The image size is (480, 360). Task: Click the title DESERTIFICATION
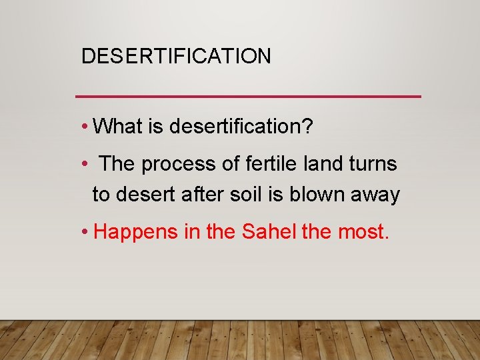pos(176,56)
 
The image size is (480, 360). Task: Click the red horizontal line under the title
pos(249,97)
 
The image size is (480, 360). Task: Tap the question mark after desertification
pos(307,126)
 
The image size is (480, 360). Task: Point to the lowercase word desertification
pos(233,126)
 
